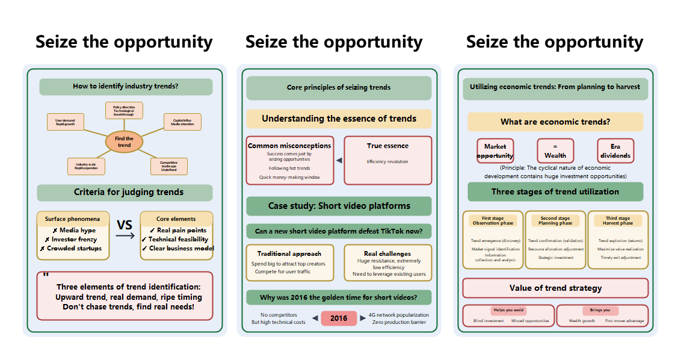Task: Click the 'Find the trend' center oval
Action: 125,142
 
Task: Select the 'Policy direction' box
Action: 125,110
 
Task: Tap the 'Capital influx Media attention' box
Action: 182,122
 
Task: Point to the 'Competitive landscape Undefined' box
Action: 168,166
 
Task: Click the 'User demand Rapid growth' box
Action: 65,122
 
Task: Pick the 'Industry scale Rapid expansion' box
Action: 86,166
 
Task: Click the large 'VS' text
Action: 125,225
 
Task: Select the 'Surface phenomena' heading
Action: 73,219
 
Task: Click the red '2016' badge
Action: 339,318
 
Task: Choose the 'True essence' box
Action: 387,160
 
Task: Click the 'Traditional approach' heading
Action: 290,253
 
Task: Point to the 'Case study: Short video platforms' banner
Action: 339,206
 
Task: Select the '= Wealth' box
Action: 555,151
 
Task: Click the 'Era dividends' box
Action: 615,151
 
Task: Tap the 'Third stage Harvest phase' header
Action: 618,220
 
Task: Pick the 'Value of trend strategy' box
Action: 555,288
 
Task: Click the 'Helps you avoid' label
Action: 508,310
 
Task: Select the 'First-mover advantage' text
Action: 624,321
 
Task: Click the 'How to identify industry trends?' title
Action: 126,87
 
